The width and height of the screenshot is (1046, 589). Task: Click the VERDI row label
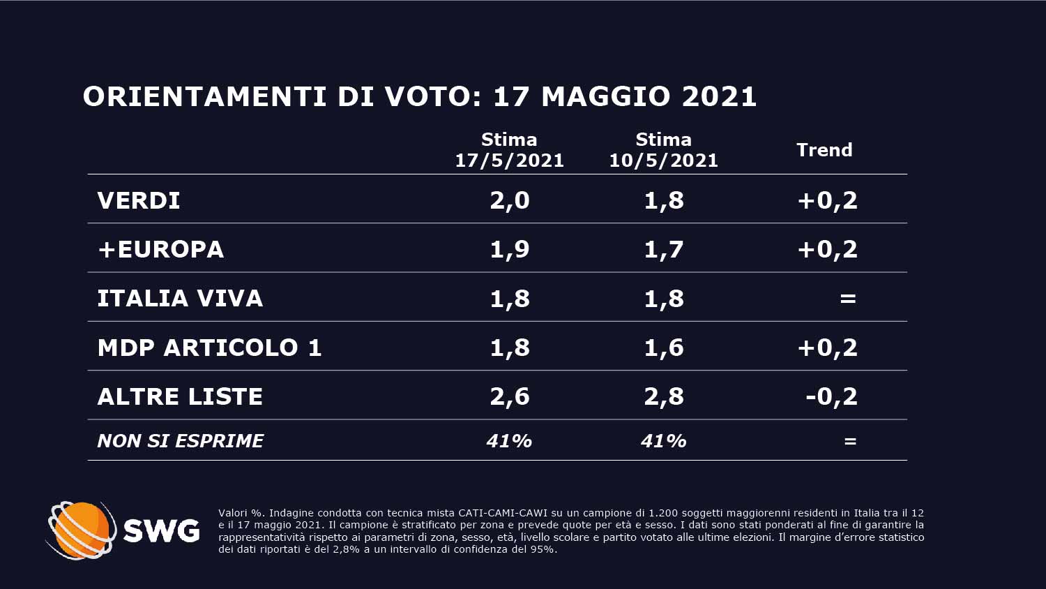139,201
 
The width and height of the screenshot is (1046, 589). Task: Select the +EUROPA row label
161,250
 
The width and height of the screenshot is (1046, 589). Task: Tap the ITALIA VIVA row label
180,299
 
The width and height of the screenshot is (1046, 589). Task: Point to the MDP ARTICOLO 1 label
209,348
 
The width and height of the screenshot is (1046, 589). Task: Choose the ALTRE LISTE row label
180,396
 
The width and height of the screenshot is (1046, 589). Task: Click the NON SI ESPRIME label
181,441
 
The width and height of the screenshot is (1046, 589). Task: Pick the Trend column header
824,150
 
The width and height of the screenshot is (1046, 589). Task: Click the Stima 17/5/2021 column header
509,150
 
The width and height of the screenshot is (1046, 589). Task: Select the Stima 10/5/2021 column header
663,150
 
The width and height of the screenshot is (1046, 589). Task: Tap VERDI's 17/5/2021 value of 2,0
510,201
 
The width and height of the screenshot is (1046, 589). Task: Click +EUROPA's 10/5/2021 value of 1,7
664,250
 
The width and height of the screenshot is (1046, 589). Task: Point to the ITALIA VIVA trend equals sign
848,299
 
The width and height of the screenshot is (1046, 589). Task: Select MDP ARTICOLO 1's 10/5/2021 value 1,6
664,348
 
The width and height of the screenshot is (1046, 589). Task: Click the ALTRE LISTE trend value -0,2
831,396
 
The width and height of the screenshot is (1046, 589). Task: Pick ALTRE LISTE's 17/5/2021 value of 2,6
510,396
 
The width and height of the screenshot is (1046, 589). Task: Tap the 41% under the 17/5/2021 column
509,441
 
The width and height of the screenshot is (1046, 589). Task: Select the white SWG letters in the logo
161,532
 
